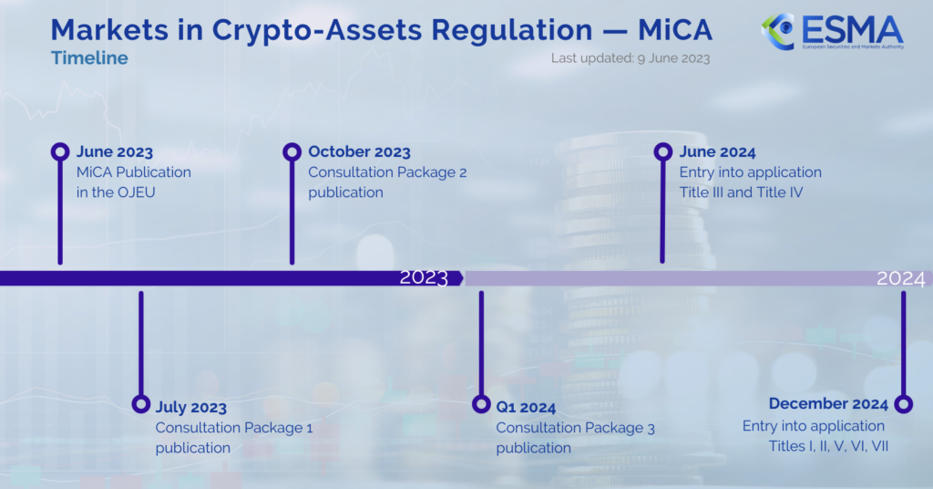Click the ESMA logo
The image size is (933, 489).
pyautogui.click(x=832, y=32)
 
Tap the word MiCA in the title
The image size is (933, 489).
pyautogui.click(x=675, y=30)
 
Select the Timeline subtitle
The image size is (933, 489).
pyautogui.click(x=89, y=57)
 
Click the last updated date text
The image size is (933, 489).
pyautogui.click(x=631, y=58)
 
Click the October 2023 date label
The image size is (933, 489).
pyautogui.click(x=359, y=151)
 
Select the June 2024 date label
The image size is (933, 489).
pyautogui.click(x=718, y=152)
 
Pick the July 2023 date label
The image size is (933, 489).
pyautogui.click(x=191, y=408)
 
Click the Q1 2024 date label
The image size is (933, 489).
pyautogui.click(x=526, y=408)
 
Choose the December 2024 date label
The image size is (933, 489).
pyautogui.click(x=828, y=404)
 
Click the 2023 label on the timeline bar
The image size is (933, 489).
pyautogui.click(x=424, y=277)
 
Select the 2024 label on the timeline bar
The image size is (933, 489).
pyautogui.click(x=901, y=278)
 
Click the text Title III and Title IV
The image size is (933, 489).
pyautogui.click(x=741, y=192)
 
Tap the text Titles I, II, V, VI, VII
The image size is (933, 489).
pyautogui.click(x=828, y=446)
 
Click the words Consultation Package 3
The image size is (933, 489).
pyautogui.click(x=576, y=428)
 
